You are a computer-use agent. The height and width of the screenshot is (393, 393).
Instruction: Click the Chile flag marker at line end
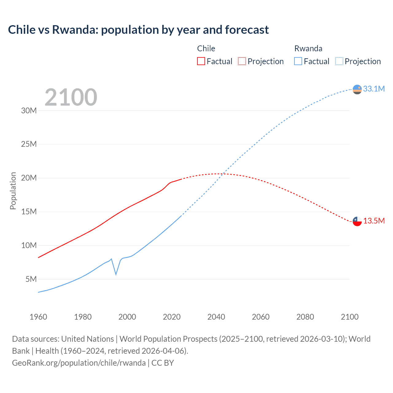[x=357, y=221]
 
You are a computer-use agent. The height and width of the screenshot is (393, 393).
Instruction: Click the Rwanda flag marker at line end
[x=357, y=89]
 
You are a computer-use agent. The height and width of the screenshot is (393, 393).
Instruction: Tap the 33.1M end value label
[x=374, y=89]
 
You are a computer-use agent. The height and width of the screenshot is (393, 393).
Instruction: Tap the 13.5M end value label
[x=374, y=221]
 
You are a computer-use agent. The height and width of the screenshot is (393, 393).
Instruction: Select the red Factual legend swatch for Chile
[x=201, y=61]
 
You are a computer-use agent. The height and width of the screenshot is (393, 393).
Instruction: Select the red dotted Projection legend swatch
[x=242, y=61]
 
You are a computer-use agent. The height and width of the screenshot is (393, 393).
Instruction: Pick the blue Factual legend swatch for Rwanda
[x=298, y=61]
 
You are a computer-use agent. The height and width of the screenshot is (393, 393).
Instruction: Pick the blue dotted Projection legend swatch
[x=339, y=61]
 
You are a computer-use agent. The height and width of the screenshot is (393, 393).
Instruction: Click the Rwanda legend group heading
[x=308, y=49]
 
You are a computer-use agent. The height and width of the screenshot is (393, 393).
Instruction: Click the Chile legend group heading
[x=206, y=49]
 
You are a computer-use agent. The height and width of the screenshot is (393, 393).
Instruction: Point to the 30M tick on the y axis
[x=29, y=111]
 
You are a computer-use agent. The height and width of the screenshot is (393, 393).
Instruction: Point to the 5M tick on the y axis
[x=31, y=279]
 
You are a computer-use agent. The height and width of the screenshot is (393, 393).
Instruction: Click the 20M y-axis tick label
[x=29, y=178]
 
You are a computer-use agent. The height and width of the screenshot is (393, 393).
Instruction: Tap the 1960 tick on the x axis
[x=38, y=317]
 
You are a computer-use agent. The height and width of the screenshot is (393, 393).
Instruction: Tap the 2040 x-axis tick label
[x=216, y=317]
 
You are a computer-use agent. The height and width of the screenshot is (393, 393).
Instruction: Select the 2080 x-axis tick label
[x=305, y=317]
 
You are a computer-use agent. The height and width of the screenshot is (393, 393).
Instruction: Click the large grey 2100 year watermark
[x=71, y=97]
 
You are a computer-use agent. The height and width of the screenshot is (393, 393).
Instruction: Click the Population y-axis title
[x=13, y=191]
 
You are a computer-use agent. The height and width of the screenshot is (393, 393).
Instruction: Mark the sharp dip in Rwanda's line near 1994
[x=116, y=274]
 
